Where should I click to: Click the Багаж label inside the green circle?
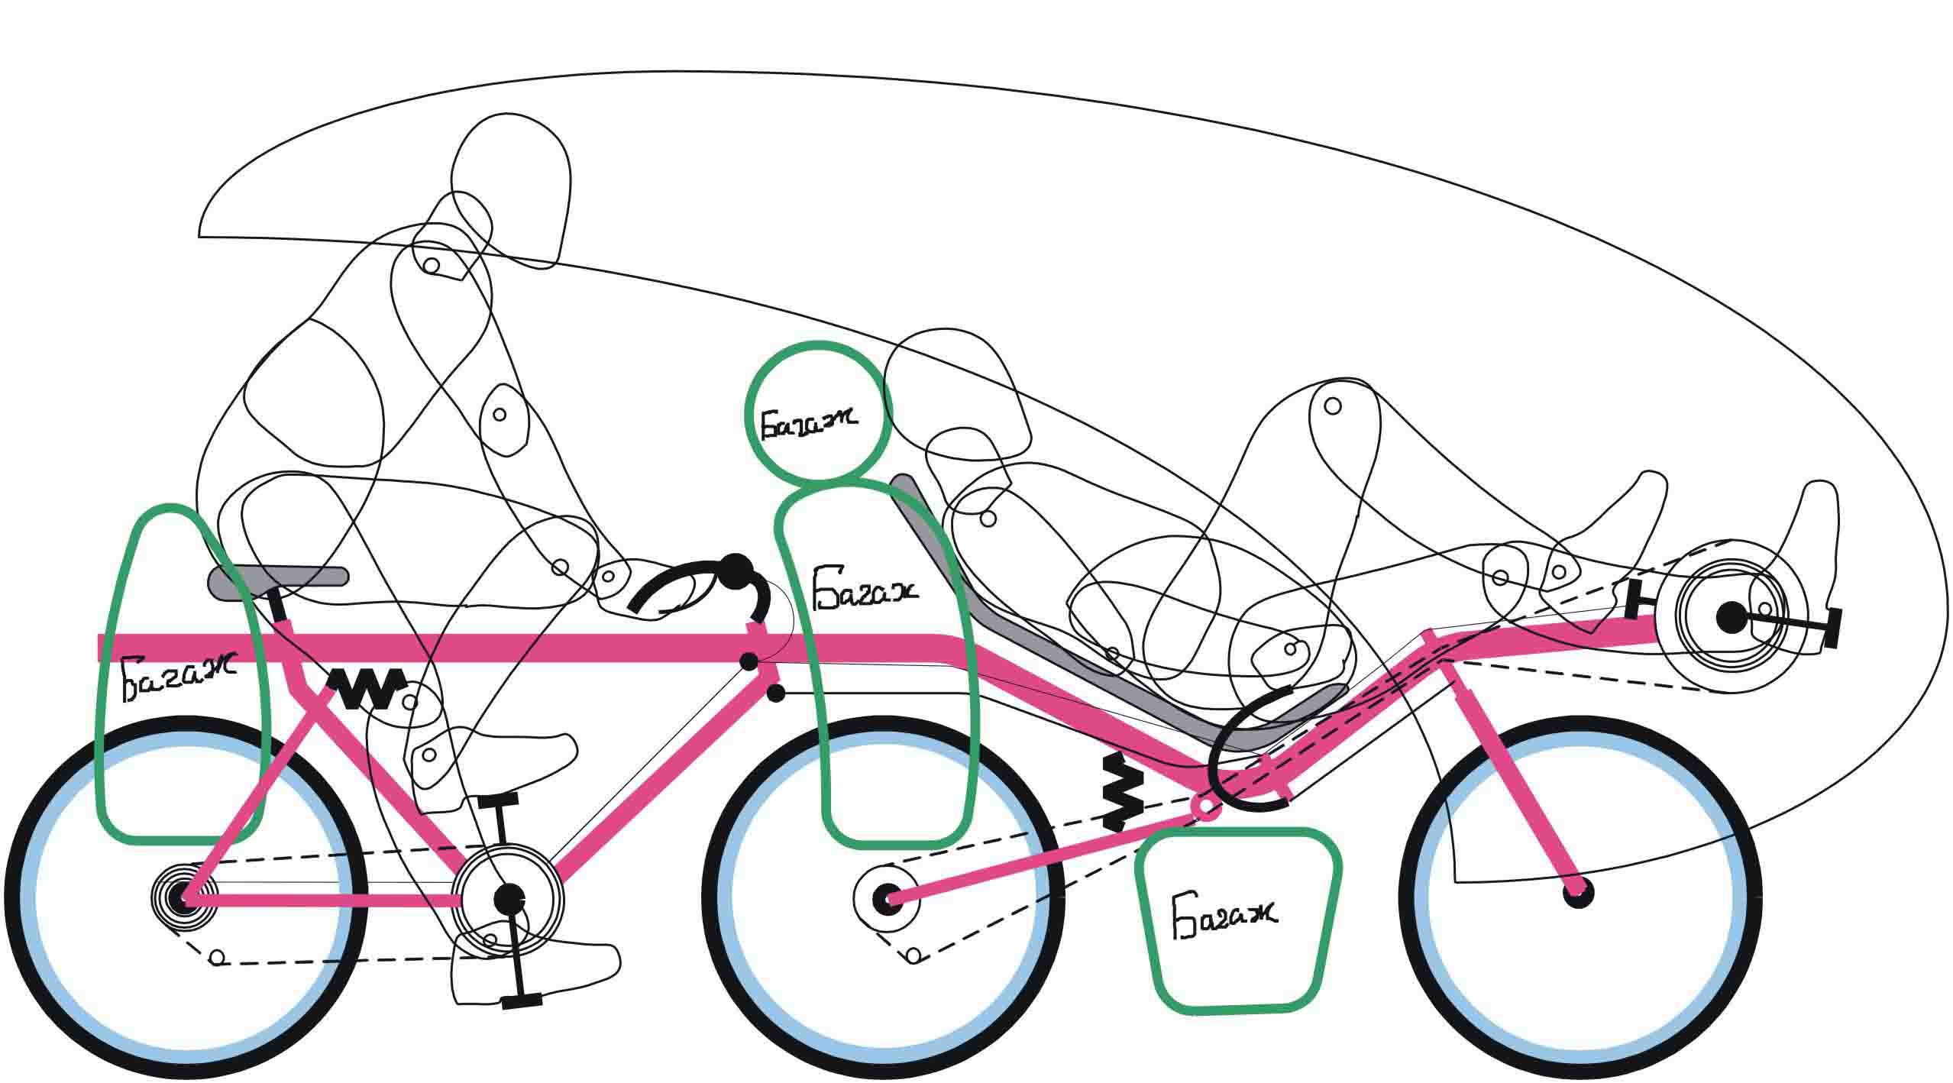tap(808, 421)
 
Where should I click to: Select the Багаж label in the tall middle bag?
tap(865, 588)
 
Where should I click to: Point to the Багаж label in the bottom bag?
tap(1224, 914)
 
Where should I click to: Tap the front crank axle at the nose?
tap(1732, 617)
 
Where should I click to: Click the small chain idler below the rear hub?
tap(218, 957)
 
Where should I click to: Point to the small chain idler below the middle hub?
tap(913, 957)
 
